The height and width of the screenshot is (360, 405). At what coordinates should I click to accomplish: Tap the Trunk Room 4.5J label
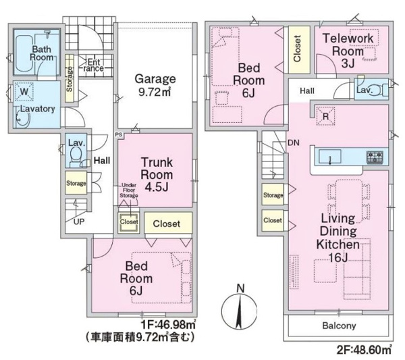pos(157,174)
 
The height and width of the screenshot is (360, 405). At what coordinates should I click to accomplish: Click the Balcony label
pos(339,326)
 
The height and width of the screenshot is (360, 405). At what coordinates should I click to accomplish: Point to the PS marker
pos(119,134)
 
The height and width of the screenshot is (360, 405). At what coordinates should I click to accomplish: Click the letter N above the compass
pos(240,288)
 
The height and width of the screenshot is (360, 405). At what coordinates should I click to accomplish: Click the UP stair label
pos(79,222)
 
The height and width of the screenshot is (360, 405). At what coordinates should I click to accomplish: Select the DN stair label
pos(294,143)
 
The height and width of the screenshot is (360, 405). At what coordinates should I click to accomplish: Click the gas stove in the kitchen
pos(375,157)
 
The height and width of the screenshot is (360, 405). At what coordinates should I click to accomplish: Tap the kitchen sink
pos(330,156)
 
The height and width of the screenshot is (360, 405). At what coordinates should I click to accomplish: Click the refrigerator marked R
pos(326,116)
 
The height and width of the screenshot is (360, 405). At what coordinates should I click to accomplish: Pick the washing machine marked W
pos(24,91)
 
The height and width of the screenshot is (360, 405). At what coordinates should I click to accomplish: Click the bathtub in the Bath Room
pos(24,55)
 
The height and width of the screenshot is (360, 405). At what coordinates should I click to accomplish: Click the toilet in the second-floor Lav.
pos(379,91)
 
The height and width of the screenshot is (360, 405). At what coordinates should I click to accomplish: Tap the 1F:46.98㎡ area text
pos(168,324)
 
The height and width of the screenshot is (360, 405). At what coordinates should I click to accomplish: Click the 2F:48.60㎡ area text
pos(364,350)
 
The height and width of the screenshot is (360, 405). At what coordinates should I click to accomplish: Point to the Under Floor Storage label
pos(129,190)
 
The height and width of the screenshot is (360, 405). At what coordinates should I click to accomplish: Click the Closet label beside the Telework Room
pos(297,49)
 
